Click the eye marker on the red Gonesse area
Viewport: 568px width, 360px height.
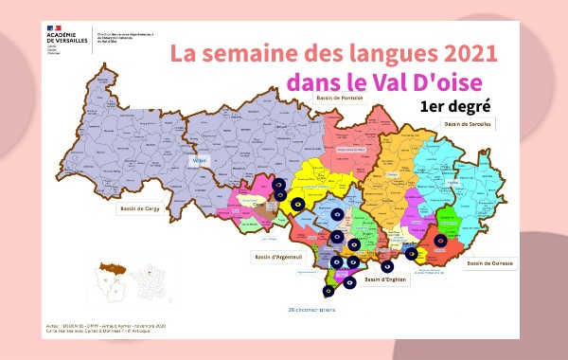438,242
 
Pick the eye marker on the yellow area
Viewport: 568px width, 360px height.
297,203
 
